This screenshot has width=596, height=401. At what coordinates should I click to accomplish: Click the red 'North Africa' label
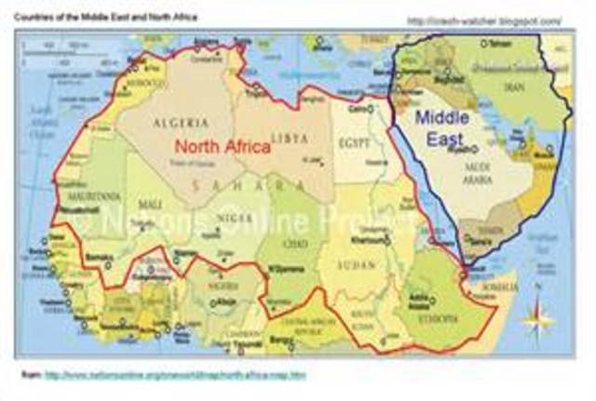point(222,146)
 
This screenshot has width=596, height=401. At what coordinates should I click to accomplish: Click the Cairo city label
point(355,109)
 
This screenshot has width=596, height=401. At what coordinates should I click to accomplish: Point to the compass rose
point(537,318)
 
